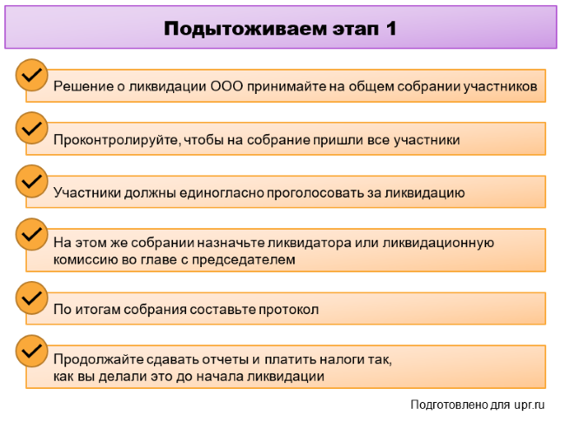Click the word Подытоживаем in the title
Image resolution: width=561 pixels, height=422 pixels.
[x=245, y=29]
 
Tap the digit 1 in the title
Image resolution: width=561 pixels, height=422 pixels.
[x=391, y=28]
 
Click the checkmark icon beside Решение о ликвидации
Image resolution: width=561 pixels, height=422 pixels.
[x=31, y=75]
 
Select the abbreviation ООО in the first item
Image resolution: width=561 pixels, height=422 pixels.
[x=226, y=86]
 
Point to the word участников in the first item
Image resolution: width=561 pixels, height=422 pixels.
[x=500, y=87]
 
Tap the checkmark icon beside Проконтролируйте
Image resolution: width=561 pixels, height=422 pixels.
[x=31, y=128]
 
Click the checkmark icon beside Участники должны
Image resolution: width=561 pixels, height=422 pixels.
[x=31, y=181]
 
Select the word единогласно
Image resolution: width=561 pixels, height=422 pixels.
[x=222, y=193]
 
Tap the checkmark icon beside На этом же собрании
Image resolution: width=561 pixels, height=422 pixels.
[x=31, y=234]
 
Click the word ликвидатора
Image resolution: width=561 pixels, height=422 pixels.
[x=310, y=243]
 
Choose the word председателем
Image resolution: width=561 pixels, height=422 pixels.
[x=244, y=260]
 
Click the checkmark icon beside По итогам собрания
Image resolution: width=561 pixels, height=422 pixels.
[x=31, y=298]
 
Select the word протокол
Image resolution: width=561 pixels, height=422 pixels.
[x=289, y=310]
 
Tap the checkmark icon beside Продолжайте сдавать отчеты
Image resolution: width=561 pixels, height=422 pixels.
[x=31, y=352]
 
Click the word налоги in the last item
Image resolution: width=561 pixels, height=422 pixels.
[x=341, y=359]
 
